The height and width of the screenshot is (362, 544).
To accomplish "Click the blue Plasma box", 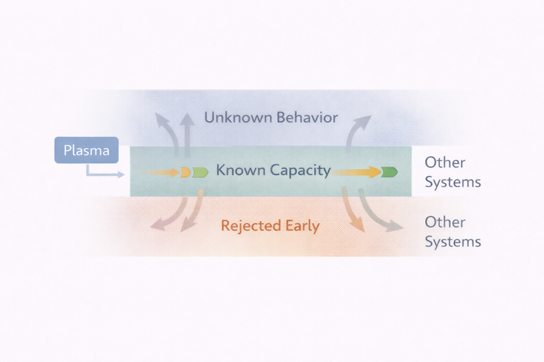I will pos(86,150).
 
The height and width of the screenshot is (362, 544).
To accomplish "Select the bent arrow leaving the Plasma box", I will pos(102,173).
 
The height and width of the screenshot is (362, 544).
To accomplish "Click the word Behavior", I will pos(306,118).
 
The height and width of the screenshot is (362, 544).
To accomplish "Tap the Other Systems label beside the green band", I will pos(452,172).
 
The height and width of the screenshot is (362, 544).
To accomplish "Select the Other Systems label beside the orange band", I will pos(452,231).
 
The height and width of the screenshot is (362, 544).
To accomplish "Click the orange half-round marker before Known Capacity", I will pos(185,172).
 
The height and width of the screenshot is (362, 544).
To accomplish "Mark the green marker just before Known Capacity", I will pos(200,172).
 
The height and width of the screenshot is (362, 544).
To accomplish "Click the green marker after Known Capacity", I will pos(390,172).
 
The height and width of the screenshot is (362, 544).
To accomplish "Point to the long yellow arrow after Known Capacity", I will pos(357,172).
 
